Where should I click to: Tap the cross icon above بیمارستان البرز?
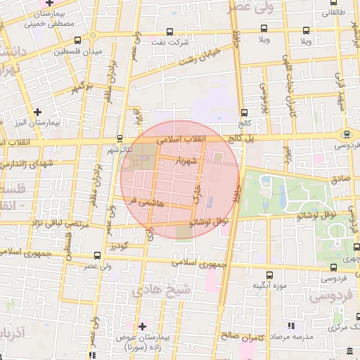[37, 111]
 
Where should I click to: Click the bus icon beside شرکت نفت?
[170, 32]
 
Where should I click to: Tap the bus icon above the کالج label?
[244, 112]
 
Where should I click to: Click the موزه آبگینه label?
[268, 286]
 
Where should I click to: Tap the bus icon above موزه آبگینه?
[269, 275]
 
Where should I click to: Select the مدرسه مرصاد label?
[283, 337]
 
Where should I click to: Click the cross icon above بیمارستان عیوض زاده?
[143, 326]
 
